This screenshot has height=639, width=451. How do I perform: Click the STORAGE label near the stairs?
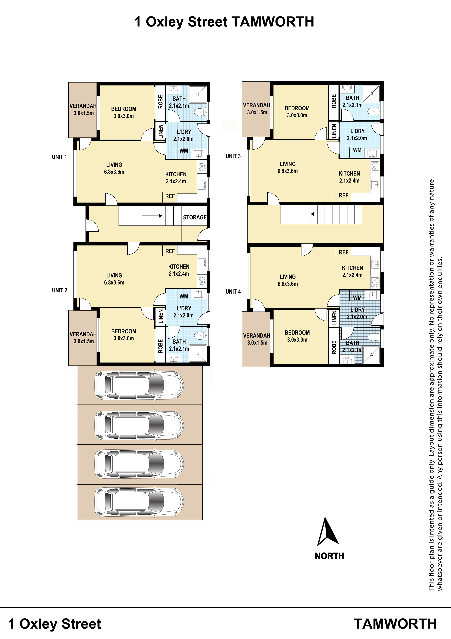point(195,217)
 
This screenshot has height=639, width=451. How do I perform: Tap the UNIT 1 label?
point(59,157)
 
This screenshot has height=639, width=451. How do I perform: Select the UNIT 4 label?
point(233,292)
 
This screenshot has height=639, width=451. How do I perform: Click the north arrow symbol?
point(328,532)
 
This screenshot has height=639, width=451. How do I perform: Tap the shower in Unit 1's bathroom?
point(198,94)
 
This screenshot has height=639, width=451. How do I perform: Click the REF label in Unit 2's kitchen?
point(170,251)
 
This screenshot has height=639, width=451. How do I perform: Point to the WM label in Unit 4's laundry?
point(357,298)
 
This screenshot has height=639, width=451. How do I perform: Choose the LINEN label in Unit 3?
point(334,131)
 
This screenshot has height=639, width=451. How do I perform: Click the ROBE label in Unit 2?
point(161,346)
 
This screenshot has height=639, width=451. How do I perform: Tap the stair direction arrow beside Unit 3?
point(335,214)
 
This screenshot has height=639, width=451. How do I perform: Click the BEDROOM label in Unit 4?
point(297,333)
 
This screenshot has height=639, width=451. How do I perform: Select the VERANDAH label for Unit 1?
point(83,106)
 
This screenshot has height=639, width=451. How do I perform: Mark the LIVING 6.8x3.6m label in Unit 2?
point(114,279)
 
